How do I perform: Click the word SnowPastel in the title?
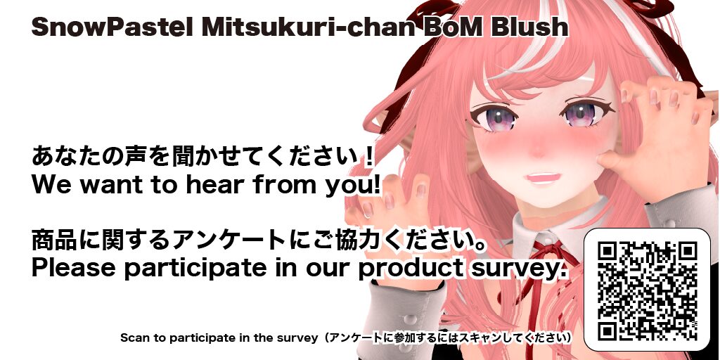pos(112,27)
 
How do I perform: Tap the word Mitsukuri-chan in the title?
pos(308,27)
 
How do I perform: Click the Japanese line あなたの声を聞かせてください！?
pos(203,156)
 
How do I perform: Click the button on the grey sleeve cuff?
pos(410,319)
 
